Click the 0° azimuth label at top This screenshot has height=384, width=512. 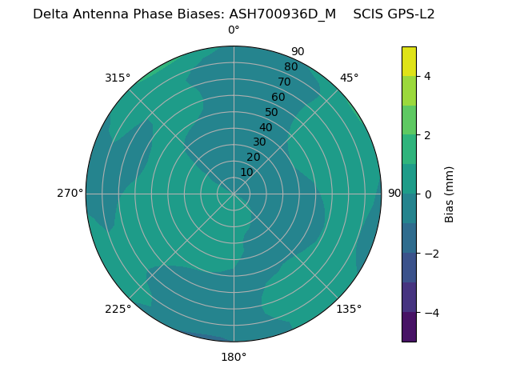pos(234,30)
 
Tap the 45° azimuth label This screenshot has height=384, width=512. pos(349,78)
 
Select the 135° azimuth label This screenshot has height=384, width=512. pos(349,309)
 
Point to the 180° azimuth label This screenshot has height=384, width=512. pos(234,357)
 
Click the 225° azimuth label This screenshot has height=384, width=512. pos(118,309)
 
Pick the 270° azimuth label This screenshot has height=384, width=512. pos(70,193)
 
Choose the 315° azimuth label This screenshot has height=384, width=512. pos(118,78)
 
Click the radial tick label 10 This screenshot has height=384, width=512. pos(246,172)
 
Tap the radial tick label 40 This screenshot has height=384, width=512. pos(266,128)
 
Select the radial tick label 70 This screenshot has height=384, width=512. pos(284,82)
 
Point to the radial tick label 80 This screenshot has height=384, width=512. pos(290,67)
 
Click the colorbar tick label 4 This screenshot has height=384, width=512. pos(427,76)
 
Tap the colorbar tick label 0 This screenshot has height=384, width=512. pos(427,194)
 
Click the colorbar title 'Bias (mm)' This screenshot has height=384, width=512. pos(450,194)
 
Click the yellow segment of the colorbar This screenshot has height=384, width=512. pos(409,62)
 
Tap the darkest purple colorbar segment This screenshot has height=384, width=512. pos(409,327)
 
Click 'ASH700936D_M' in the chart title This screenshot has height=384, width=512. pos(282,14)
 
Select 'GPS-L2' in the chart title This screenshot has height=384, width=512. pos(407,14)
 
